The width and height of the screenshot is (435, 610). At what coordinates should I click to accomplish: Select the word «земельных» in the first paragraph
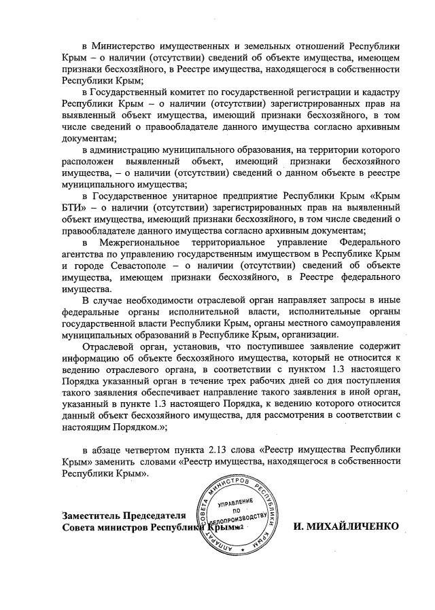[x=260, y=46]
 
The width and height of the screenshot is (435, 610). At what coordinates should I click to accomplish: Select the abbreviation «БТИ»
[x=72, y=207]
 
